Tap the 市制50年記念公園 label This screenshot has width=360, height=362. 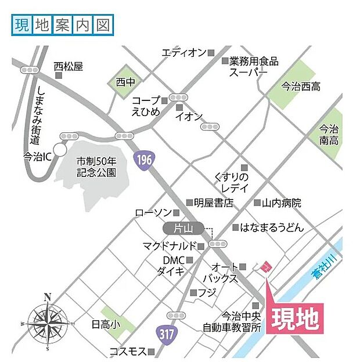pyautogui.click(x=96, y=167)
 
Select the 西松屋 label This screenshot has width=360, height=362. pyautogui.click(x=69, y=66)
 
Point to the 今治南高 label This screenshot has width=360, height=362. pyautogui.click(x=329, y=134)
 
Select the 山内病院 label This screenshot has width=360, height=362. pyautogui.click(x=282, y=203)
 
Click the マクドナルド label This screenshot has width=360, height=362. pyautogui.click(x=170, y=246)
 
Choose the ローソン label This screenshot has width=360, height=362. pyautogui.click(x=153, y=213)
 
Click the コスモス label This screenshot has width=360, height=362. pyautogui.click(x=128, y=352)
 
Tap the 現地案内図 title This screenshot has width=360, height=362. pyautogui.click(x=62, y=25)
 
